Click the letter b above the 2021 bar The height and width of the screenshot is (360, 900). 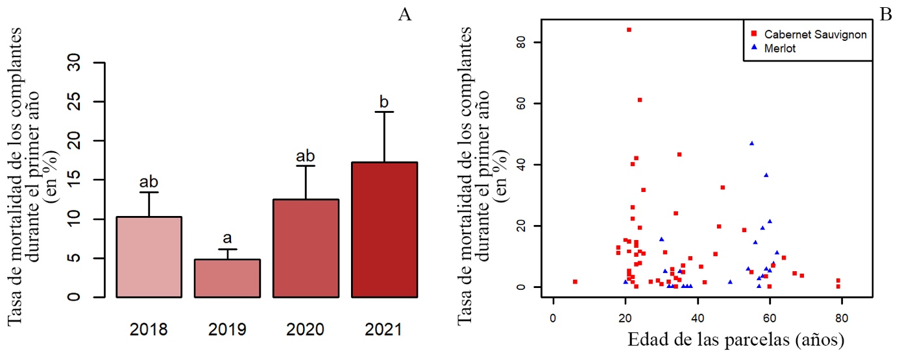coord(384,102)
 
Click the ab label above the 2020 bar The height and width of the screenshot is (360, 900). coord(306,156)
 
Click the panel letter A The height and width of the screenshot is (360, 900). coord(405,15)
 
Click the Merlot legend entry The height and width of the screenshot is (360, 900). coord(779,48)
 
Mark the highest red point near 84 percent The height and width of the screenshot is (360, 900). coord(629,30)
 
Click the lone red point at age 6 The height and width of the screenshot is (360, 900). coord(575,282)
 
